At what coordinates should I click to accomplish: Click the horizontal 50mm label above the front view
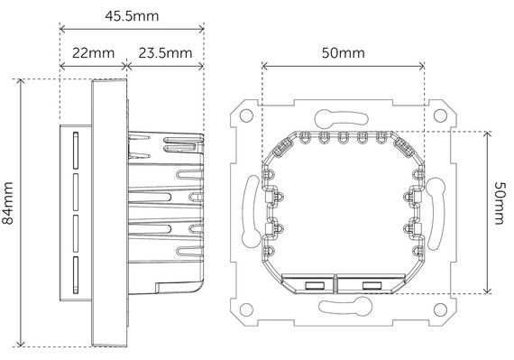(343, 53)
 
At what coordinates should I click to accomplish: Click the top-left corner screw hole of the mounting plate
(245, 115)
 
